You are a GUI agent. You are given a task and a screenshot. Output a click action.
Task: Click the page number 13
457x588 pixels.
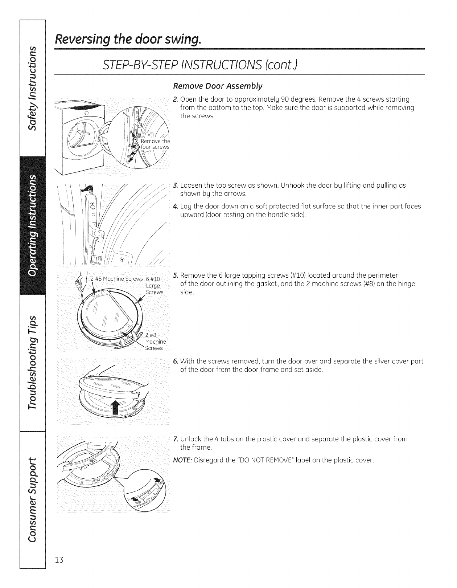click(x=59, y=569)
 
